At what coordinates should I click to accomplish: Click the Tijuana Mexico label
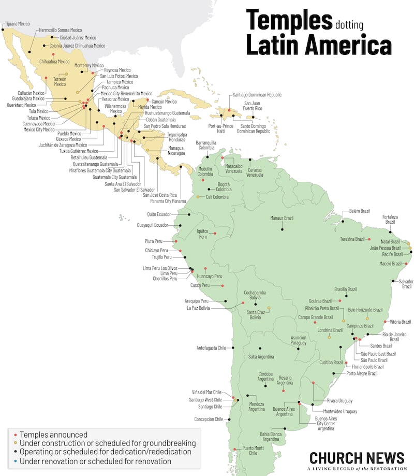pyautogui.click(x=18, y=24)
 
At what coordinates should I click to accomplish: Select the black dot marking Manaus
pyautogui.click(x=283, y=229)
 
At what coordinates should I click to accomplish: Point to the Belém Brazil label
pyautogui.click(x=360, y=211)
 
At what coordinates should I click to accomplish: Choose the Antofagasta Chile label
pyautogui.click(x=212, y=348)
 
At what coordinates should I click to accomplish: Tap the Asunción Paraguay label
pyautogui.click(x=299, y=340)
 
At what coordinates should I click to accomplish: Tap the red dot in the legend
pyautogui.click(x=16, y=435)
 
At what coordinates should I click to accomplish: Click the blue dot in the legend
pyautogui.click(x=16, y=461)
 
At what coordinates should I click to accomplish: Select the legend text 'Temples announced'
pyautogui.click(x=54, y=435)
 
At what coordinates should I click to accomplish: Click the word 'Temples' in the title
pyautogui.click(x=289, y=20)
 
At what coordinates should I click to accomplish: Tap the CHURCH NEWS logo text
pyautogui.click(x=357, y=458)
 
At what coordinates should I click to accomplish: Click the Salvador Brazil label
pyautogui.click(x=407, y=283)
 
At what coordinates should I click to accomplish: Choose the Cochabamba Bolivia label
pyautogui.click(x=255, y=295)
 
